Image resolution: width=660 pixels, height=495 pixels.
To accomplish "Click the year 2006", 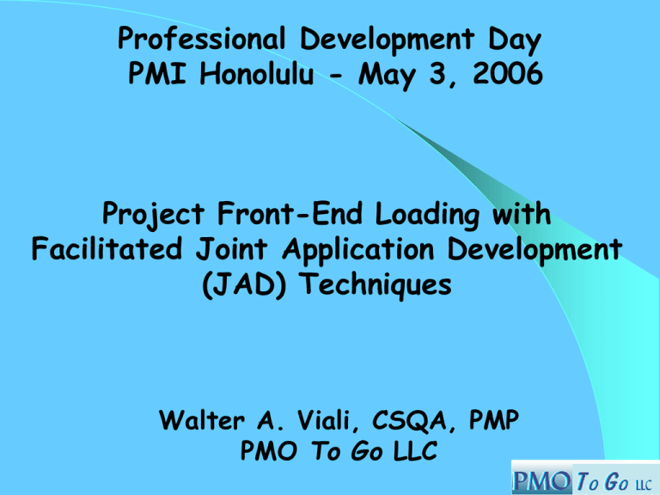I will [x=503, y=76].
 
